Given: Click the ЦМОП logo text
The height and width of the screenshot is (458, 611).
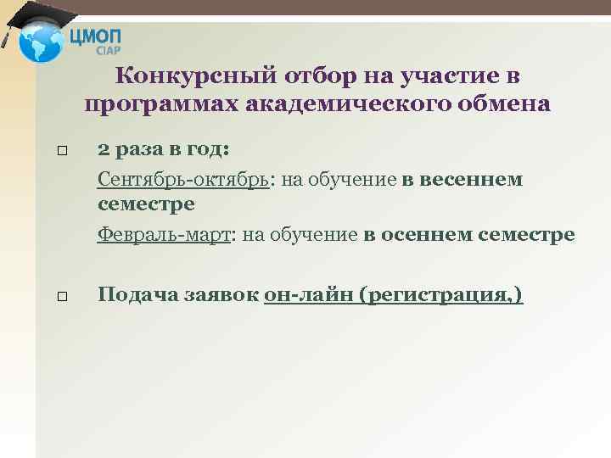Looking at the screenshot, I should (x=98, y=36).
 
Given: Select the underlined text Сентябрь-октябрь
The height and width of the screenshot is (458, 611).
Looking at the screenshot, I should (x=183, y=180).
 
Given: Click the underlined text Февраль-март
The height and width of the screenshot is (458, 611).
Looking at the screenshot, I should (x=165, y=235).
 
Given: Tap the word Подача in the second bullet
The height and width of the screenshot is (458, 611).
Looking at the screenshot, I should (x=132, y=295).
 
